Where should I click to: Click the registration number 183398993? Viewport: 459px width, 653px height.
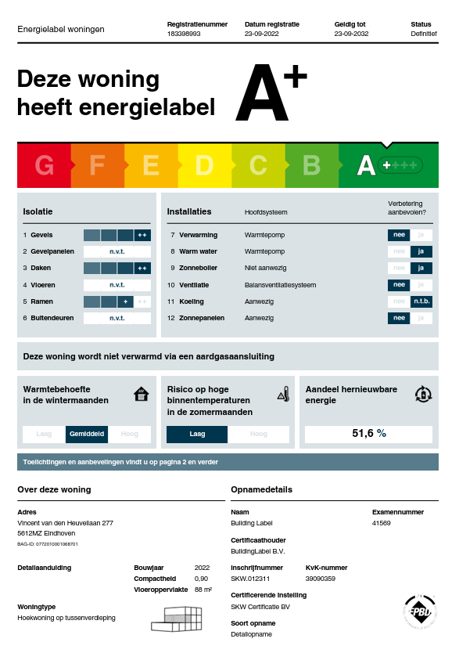click(184, 34)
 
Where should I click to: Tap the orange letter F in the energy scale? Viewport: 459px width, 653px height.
click(97, 166)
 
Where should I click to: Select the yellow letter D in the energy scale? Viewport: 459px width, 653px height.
click(204, 166)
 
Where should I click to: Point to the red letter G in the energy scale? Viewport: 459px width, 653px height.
click(44, 166)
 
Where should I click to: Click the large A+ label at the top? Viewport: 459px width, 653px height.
click(271, 96)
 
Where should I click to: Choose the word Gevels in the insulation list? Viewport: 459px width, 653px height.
click(41, 235)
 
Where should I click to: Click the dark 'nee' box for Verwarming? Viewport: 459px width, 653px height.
click(399, 235)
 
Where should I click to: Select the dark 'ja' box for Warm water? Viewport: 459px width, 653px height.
click(421, 251)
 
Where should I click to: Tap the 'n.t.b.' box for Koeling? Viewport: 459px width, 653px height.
click(421, 301)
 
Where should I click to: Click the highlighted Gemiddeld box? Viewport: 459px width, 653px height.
click(87, 434)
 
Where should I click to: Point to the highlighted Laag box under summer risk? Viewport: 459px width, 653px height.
click(197, 434)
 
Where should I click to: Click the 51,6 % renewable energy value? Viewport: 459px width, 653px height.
click(369, 433)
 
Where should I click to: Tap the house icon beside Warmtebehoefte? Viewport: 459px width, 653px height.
click(141, 394)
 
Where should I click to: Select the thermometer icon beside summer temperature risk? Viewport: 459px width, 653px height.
click(284, 395)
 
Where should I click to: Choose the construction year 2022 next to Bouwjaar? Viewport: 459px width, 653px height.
click(203, 567)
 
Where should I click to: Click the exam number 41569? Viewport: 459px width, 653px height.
click(381, 523)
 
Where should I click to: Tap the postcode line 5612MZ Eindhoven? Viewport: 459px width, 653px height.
click(46, 532)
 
